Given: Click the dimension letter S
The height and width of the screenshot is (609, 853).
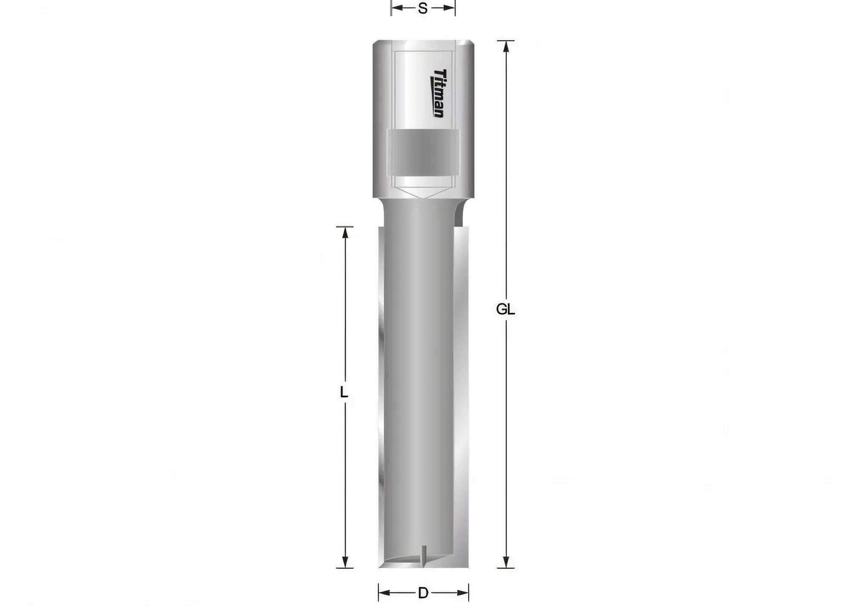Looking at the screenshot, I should (423, 9).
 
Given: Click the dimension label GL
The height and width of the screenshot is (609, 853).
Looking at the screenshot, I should (505, 309).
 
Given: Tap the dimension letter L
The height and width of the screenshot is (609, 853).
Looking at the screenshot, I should (344, 392).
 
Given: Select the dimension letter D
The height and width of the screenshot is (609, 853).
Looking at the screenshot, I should (423, 593).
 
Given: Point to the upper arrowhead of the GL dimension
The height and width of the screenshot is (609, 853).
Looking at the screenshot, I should (506, 46).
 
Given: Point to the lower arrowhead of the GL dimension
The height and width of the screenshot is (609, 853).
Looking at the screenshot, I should (506, 562).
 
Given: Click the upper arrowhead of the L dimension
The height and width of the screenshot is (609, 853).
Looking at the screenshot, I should (345, 232).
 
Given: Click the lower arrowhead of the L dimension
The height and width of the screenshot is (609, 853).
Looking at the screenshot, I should (345, 562).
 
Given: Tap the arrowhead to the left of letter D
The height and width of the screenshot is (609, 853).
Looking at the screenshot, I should (384, 593).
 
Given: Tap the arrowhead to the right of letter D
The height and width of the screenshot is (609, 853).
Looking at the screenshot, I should (463, 593).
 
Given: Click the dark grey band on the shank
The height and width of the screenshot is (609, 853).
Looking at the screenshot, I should (423, 152).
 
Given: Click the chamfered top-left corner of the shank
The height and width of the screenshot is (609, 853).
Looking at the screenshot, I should (375, 43).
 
